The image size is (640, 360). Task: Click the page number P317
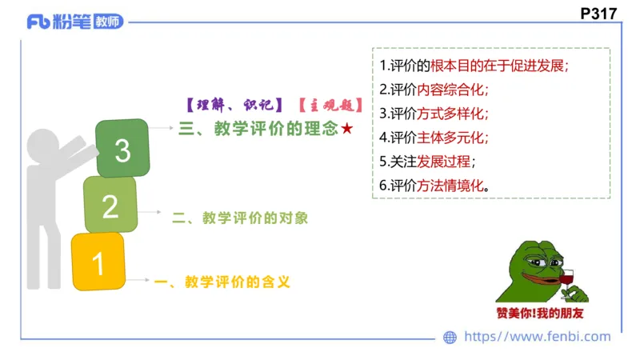(601, 14)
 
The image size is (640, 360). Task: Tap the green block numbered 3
(122, 149)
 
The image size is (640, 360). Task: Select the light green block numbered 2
(110, 206)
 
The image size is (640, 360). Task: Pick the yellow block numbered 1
(98, 262)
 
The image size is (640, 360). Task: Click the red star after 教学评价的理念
(346, 130)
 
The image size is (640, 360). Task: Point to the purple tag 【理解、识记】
(230, 104)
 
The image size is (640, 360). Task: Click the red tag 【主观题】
(330, 104)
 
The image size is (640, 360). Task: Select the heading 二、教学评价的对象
(240, 218)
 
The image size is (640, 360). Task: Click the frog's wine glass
(568, 280)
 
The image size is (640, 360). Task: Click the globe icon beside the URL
(450, 338)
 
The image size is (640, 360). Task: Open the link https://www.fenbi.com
(538, 338)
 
